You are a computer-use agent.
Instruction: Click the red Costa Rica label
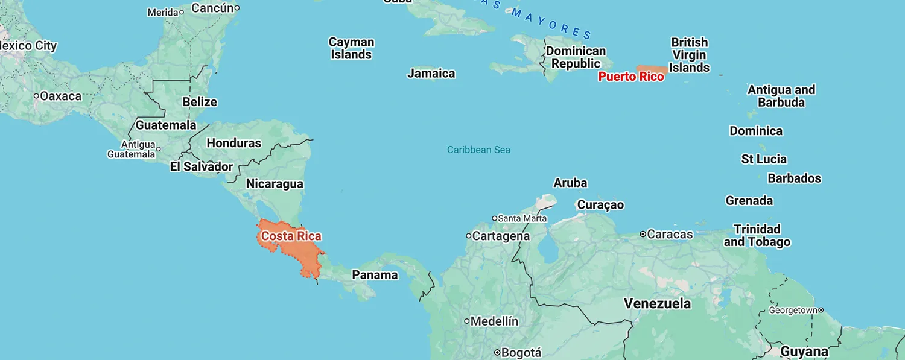291,236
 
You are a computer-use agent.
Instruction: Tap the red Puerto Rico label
630,77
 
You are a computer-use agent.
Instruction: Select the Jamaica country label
431,74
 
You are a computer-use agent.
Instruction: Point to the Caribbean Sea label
478,150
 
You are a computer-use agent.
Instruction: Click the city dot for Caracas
643,234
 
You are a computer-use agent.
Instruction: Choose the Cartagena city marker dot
468,236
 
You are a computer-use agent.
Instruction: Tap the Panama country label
375,275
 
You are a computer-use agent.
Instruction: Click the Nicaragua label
275,184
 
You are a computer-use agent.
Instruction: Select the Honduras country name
233,143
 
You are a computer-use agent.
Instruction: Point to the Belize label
200,102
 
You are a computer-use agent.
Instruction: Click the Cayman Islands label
351,48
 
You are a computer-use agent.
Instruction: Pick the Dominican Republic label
576,57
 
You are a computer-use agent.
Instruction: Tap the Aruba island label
570,183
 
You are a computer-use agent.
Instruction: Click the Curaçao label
600,205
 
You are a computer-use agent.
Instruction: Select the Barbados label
794,178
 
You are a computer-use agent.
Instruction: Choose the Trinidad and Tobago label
757,236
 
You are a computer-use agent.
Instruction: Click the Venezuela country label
657,303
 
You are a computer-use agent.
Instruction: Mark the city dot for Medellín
466,321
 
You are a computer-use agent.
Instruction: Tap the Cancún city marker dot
237,8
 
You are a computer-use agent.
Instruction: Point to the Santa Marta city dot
494,218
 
